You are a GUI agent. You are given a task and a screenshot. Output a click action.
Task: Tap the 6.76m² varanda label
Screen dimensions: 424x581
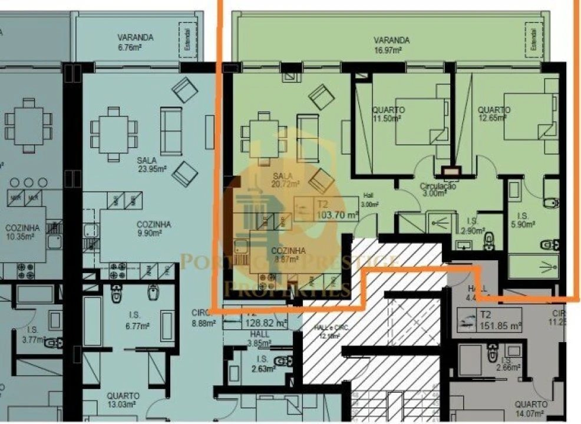pyautogui.click(x=135, y=42)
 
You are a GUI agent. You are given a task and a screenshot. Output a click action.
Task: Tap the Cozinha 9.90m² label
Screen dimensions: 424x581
pyautogui.click(x=154, y=228)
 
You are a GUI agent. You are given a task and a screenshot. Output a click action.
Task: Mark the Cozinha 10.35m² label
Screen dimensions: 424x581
pyautogui.click(x=22, y=232)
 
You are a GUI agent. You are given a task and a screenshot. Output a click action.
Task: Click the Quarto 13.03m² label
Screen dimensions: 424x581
pyautogui.click(x=123, y=400)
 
